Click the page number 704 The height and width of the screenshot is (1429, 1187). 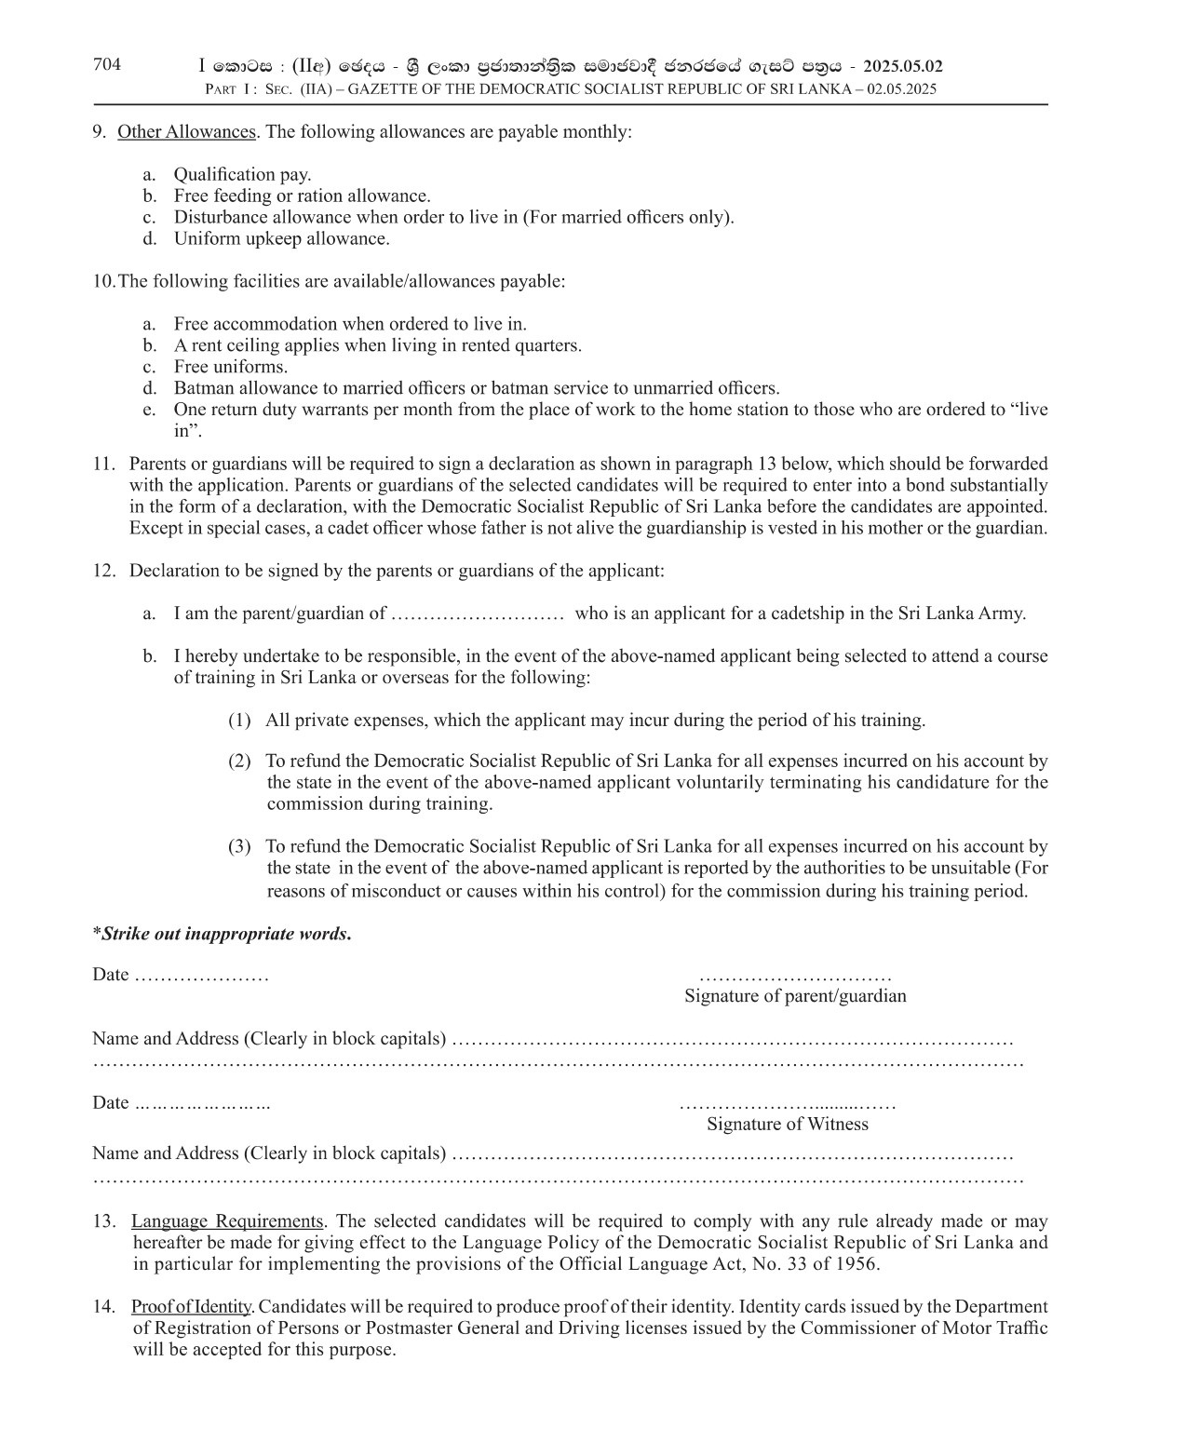click(x=107, y=64)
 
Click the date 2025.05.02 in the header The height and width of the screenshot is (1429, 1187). click(x=902, y=66)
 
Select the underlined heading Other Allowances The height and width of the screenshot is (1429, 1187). click(x=186, y=131)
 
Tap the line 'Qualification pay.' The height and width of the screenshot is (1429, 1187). click(x=242, y=174)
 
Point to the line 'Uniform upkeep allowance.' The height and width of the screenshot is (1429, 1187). click(x=281, y=238)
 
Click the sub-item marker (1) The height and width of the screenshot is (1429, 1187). click(x=239, y=720)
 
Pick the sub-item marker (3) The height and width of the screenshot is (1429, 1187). click(x=239, y=846)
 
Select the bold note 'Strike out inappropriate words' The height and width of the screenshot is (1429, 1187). click(x=224, y=934)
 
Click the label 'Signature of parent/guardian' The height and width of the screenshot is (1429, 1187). click(x=795, y=996)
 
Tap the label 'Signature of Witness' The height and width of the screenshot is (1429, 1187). click(x=787, y=1124)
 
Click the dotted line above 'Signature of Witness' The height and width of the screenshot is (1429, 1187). click(x=787, y=1106)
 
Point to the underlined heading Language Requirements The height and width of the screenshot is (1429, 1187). click(x=227, y=1220)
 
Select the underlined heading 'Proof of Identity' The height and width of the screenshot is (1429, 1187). click(x=192, y=1306)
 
